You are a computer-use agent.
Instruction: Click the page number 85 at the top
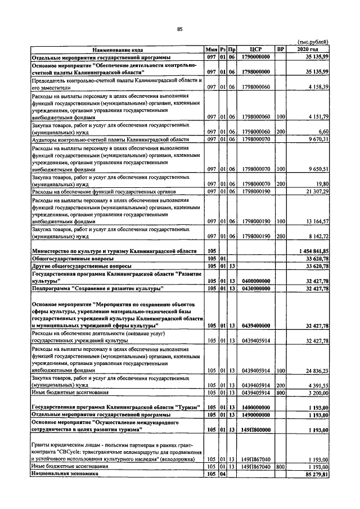[179, 30]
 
